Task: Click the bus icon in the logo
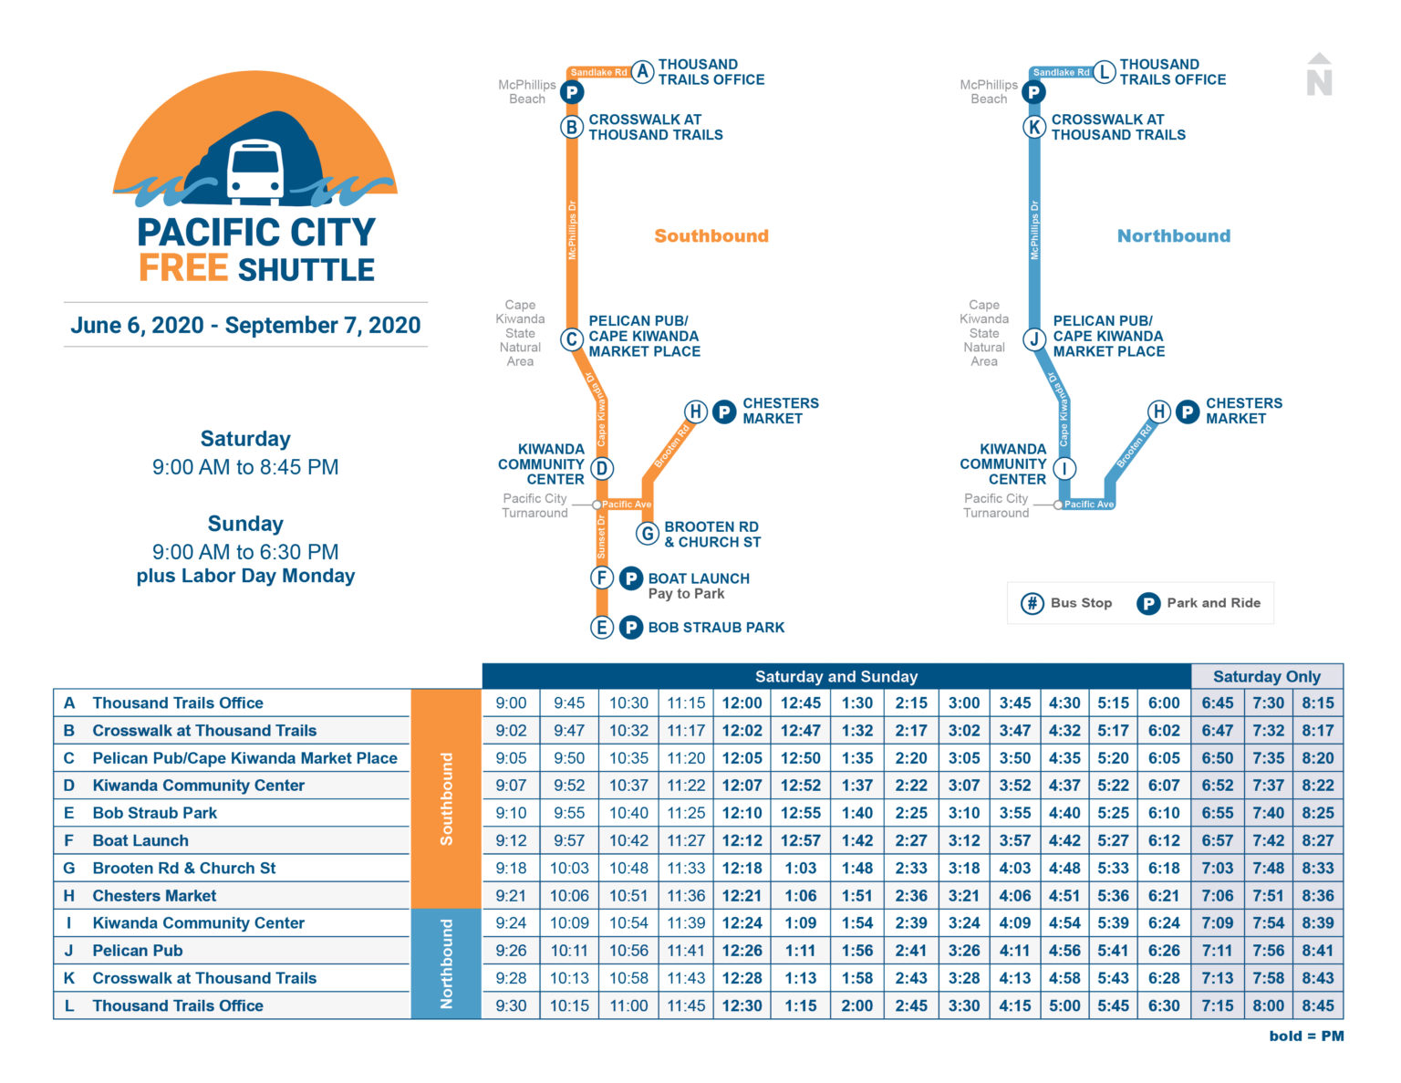[x=254, y=171]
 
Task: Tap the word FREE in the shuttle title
[x=183, y=269]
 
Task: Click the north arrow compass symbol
[x=1319, y=75]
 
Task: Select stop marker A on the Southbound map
[x=643, y=72]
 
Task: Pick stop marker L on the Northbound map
[x=1105, y=72]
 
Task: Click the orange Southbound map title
[x=711, y=236]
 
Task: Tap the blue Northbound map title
[x=1174, y=236]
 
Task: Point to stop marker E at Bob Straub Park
[x=601, y=628]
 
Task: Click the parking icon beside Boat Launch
[x=631, y=578]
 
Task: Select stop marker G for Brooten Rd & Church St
[x=648, y=534]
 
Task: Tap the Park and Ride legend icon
[x=1148, y=603]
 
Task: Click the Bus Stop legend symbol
[x=1032, y=603]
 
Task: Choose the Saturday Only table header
[x=1266, y=677]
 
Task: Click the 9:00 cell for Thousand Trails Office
[x=511, y=703]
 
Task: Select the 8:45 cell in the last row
[x=1317, y=1005]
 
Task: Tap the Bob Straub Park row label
[x=154, y=813]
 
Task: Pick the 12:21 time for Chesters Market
[x=742, y=896]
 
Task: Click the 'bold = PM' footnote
[x=1306, y=1036]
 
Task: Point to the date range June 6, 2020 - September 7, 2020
[x=245, y=326]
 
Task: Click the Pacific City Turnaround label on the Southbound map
[x=535, y=505]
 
